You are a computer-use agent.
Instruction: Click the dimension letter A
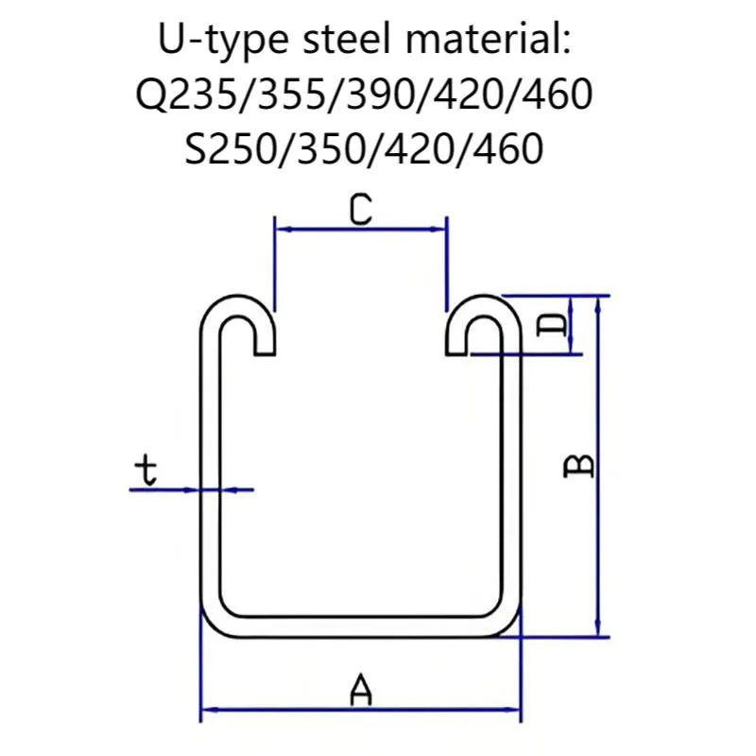pyautogui.click(x=359, y=688)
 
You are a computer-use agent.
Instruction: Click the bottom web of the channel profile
pyautogui.click(x=361, y=624)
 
